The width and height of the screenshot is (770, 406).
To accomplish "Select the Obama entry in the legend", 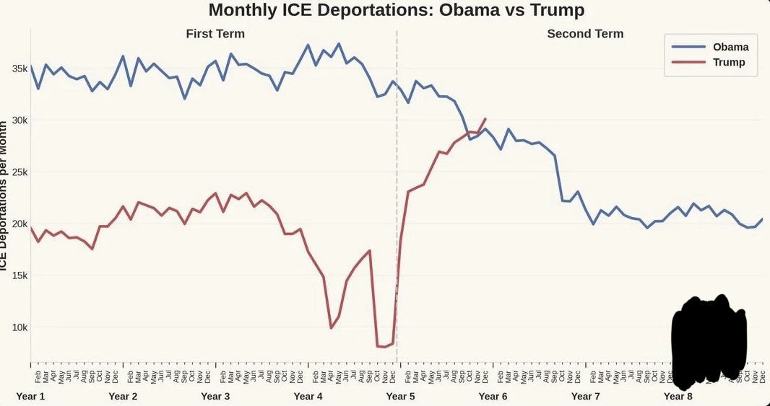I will pos(730,47).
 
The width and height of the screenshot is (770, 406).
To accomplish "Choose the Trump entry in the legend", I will pos(728,63).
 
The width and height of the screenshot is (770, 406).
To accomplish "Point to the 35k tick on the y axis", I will pos(18,69).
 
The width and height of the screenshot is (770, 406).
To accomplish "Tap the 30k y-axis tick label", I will pos(18,120).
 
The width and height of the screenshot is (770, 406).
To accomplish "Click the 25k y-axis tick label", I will pos(18,172).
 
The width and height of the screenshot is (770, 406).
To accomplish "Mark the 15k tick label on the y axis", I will pos(18,275).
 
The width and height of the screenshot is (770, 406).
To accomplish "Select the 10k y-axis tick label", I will pos(18,327).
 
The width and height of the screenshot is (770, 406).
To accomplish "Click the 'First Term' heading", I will pos(215,34).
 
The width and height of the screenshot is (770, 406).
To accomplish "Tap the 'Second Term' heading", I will pos(585,34).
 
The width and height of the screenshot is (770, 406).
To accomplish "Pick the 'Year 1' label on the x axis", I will pos(30,396).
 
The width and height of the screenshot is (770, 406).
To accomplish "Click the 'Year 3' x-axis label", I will pos(215,396).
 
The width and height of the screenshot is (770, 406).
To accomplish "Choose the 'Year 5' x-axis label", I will pos(400,396).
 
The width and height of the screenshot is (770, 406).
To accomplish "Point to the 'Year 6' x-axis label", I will pos(493,396).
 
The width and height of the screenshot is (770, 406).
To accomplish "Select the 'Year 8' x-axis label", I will pos(678,396).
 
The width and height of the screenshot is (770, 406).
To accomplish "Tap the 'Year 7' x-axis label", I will pos(585,396).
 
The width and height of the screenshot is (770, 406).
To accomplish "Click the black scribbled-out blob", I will pos(709,338).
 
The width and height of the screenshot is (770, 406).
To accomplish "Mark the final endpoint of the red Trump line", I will pos(485,119).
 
